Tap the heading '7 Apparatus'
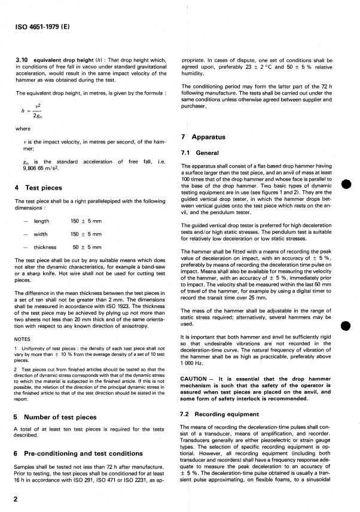[x=203, y=136]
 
